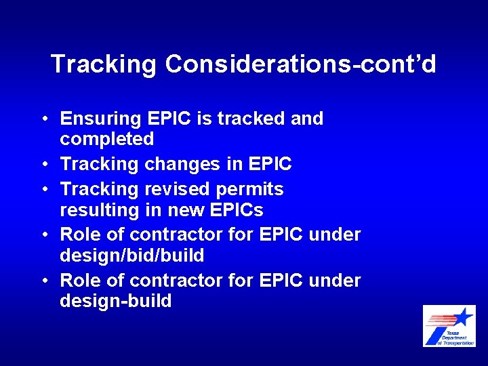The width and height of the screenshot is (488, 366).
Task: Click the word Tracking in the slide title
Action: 104,64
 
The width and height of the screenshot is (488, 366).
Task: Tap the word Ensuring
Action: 100,119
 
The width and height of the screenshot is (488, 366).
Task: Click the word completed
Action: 107,140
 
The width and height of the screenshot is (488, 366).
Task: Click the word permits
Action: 251,189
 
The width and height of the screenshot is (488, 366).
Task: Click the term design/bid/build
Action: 132,256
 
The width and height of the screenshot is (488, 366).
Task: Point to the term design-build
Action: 116,301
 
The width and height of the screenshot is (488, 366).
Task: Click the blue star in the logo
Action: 464,317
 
